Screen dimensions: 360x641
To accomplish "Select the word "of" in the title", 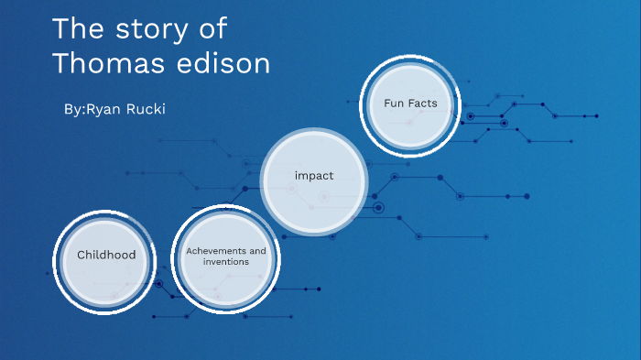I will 212,29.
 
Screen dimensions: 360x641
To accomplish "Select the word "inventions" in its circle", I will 225,262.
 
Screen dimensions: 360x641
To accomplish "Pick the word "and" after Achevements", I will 257,250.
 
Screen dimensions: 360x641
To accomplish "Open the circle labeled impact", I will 313,175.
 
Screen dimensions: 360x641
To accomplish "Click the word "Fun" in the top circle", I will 395,104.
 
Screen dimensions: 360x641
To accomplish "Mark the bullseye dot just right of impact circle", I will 379,208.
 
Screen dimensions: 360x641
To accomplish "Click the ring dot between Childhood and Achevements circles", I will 159,284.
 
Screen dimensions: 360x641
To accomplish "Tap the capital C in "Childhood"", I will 81,255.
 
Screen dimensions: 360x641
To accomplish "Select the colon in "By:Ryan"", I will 83,110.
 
